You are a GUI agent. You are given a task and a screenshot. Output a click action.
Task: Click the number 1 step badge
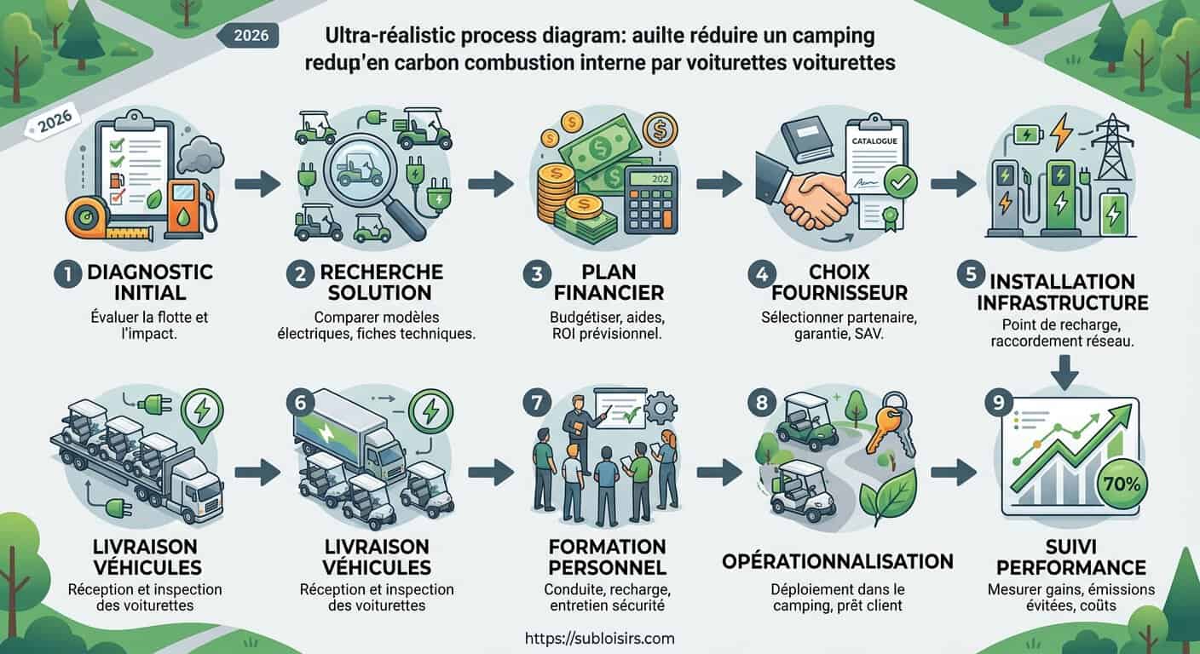click(x=68, y=274)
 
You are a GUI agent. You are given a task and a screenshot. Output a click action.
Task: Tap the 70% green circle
click(x=1122, y=484)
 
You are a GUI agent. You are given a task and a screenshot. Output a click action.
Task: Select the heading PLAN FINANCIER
click(x=609, y=283)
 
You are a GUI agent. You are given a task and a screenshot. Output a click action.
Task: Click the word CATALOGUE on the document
click(x=874, y=141)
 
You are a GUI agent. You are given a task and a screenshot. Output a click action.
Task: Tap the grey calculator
click(x=651, y=201)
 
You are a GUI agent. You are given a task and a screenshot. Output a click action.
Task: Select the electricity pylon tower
click(x=1115, y=146)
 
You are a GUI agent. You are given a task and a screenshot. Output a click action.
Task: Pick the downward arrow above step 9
click(x=1064, y=372)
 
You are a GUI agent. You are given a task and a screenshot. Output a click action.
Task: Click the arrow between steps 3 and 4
click(x=719, y=184)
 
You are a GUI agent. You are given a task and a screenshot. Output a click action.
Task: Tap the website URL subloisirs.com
click(x=599, y=639)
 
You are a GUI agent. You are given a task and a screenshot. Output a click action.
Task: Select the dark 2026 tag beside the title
click(x=248, y=36)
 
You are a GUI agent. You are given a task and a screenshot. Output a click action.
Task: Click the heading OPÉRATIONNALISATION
click(x=837, y=561)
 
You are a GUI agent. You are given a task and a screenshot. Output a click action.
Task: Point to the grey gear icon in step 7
click(x=661, y=410)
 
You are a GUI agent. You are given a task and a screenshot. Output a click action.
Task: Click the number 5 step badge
click(x=971, y=274)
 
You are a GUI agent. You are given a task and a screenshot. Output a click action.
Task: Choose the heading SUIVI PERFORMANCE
click(x=1071, y=557)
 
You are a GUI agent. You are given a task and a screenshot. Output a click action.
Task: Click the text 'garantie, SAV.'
click(x=839, y=335)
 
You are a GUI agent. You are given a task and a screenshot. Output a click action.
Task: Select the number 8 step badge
click(x=762, y=403)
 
